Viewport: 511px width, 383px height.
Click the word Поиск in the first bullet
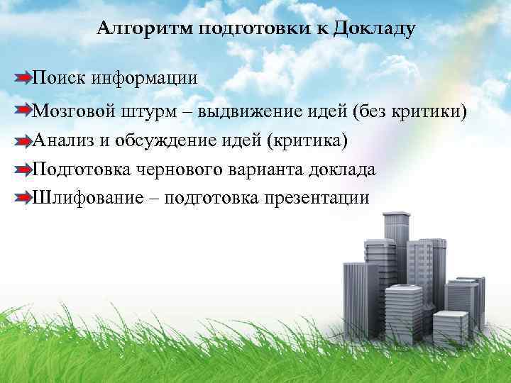tap(60, 77)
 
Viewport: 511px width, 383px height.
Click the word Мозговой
tap(71, 111)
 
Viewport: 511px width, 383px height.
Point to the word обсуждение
tap(168, 140)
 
